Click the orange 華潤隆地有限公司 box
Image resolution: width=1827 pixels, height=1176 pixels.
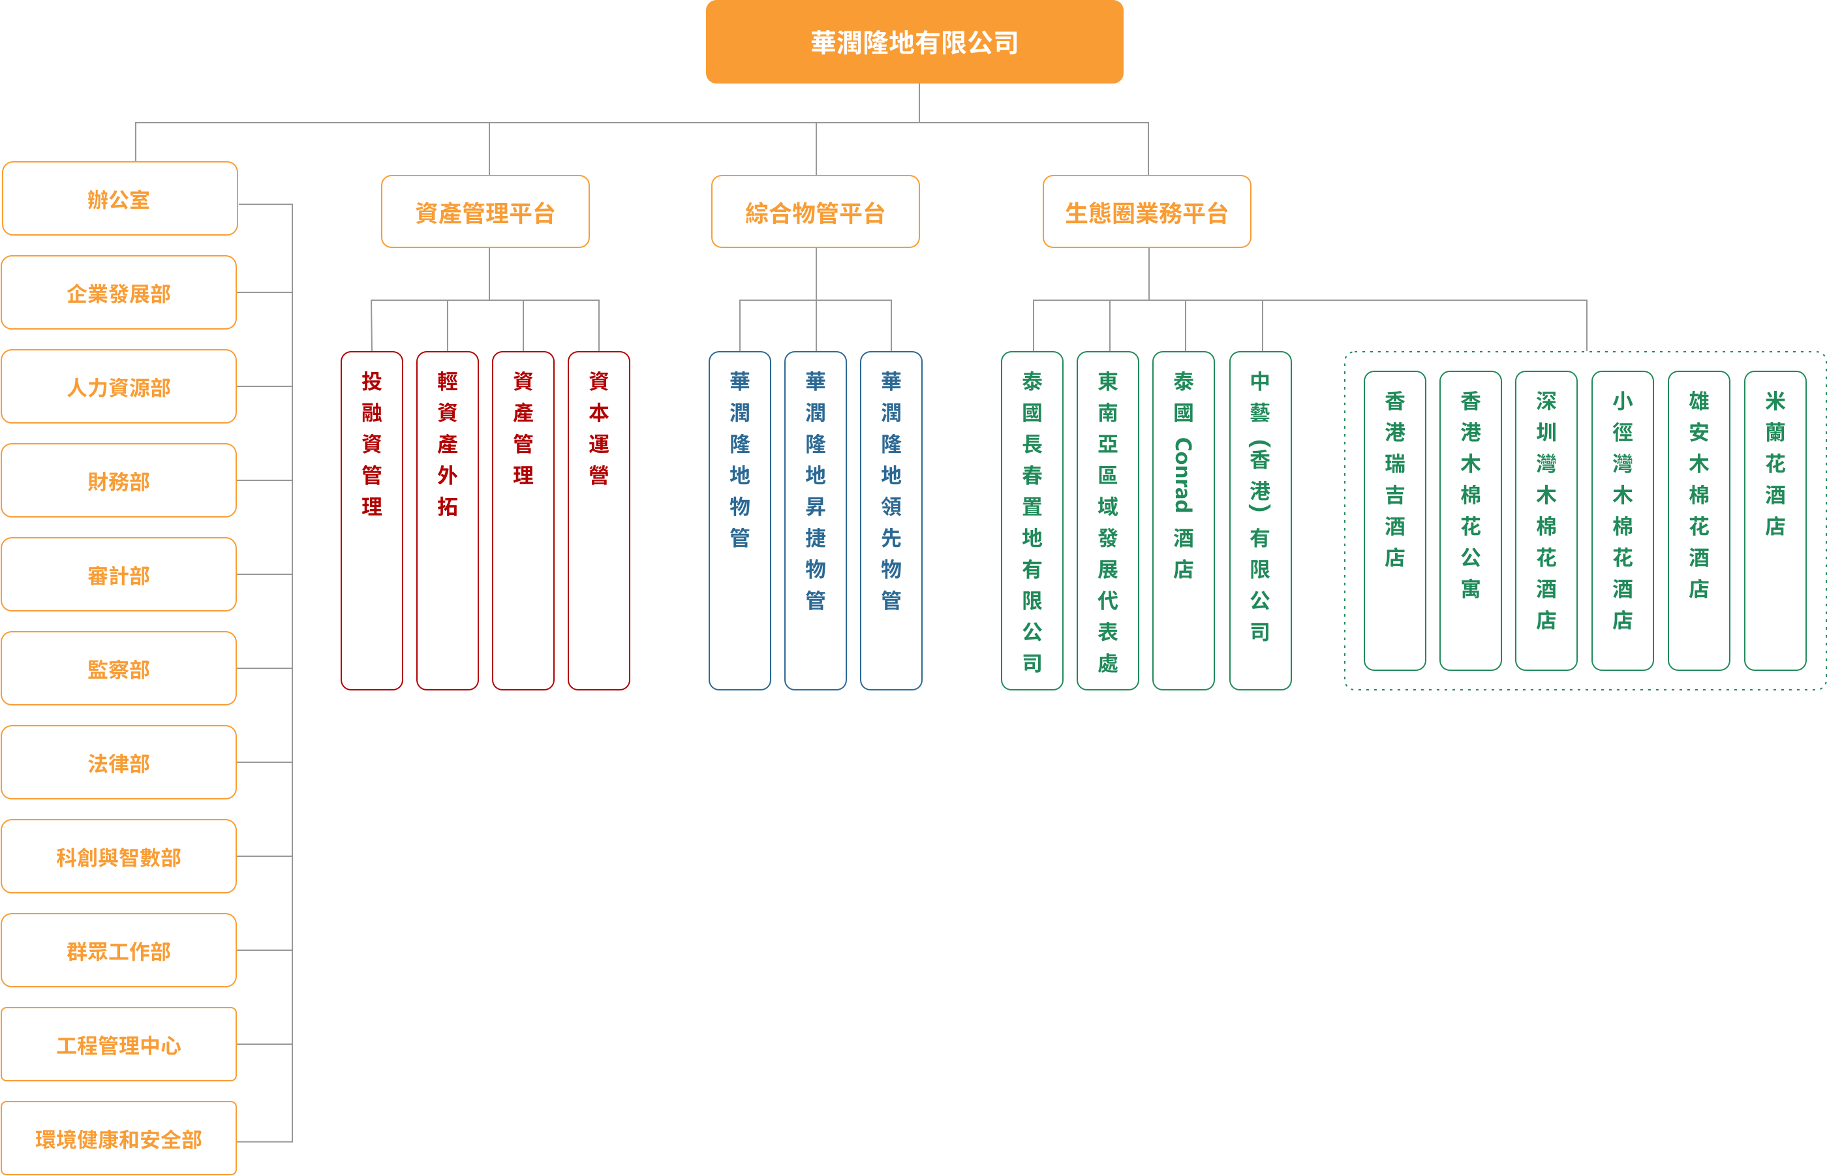[914, 42]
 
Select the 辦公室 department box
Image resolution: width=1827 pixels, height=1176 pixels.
[119, 198]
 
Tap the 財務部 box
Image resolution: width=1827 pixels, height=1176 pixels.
[119, 481]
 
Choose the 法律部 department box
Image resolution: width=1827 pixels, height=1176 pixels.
[119, 763]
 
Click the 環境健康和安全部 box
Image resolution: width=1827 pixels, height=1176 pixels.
[119, 1139]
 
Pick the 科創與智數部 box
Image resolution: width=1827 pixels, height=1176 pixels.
[119, 857]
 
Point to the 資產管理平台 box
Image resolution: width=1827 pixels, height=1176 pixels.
[485, 212]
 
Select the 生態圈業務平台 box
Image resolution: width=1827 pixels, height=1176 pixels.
[1146, 212]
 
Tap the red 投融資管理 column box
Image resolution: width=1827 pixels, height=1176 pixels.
[372, 520]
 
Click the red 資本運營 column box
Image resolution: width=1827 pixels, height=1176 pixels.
[598, 520]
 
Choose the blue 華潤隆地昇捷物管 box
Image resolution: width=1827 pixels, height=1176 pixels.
[816, 520]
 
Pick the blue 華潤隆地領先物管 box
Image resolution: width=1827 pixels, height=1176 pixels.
[891, 520]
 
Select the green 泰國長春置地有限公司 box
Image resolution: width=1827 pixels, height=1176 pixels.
[1032, 520]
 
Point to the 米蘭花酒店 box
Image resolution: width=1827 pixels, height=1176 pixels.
[1775, 520]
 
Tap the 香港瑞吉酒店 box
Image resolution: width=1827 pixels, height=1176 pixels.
[1395, 520]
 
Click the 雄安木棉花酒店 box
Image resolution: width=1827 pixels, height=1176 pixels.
[1698, 520]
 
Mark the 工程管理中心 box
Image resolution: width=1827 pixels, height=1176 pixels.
[119, 1045]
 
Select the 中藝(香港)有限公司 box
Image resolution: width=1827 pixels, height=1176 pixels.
[1261, 520]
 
